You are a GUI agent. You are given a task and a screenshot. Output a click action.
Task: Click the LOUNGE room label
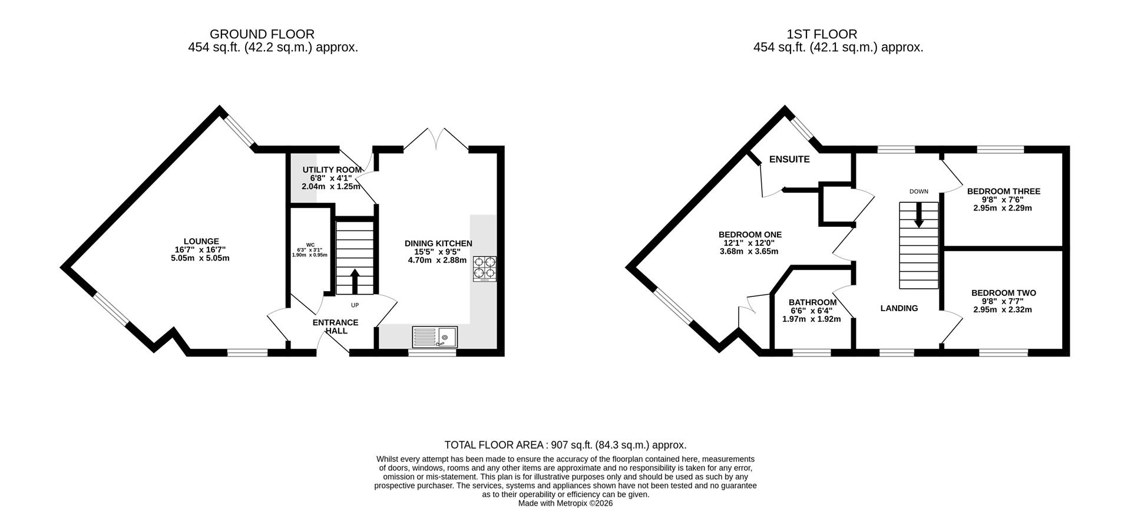pyautogui.click(x=201, y=241)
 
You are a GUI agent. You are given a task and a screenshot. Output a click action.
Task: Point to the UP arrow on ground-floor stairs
pyautogui.click(x=355, y=282)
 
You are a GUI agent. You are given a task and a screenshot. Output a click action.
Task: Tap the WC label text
pyautogui.click(x=310, y=245)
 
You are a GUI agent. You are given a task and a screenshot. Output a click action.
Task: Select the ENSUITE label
pyautogui.click(x=789, y=159)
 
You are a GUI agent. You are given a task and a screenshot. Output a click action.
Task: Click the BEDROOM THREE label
pyautogui.click(x=1004, y=191)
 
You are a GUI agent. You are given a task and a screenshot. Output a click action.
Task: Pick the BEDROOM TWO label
pyautogui.click(x=1004, y=293)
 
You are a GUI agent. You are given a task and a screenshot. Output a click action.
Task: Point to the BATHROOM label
pyautogui.click(x=813, y=302)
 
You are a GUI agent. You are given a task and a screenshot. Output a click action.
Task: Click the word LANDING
pyautogui.click(x=899, y=308)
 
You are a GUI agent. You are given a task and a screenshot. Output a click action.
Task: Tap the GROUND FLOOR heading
pyautogui.click(x=262, y=34)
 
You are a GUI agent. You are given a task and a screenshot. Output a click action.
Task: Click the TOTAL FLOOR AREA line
pyautogui.click(x=565, y=446)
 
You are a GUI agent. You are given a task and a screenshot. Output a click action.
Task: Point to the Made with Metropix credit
pyautogui.click(x=565, y=504)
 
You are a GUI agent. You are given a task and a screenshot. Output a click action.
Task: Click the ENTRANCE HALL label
pyautogui.click(x=335, y=326)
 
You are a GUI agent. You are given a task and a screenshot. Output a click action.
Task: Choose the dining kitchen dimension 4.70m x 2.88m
pyautogui.click(x=437, y=260)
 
